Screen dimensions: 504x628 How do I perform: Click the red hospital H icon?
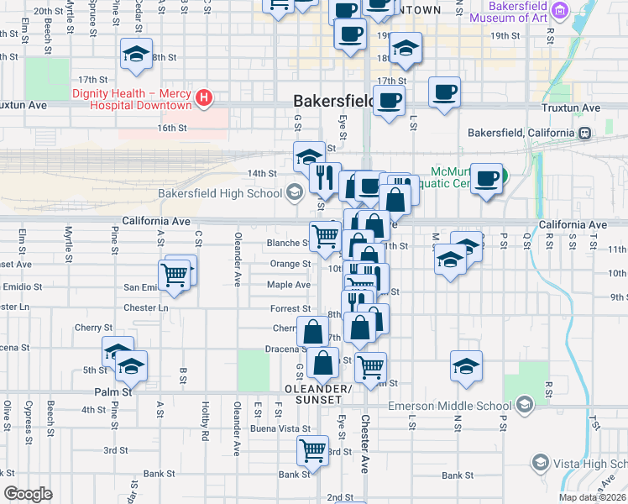point(202,99)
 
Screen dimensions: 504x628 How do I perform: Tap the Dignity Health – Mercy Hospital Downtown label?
point(132,99)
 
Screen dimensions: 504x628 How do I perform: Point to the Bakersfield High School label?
point(220,193)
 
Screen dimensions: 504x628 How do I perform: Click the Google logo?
point(28,494)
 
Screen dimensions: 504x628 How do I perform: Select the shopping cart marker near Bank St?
point(313,451)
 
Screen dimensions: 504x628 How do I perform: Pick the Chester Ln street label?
point(146,307)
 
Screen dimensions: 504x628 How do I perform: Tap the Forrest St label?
point(290,309)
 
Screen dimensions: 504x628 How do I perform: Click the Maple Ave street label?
point(289,285)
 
